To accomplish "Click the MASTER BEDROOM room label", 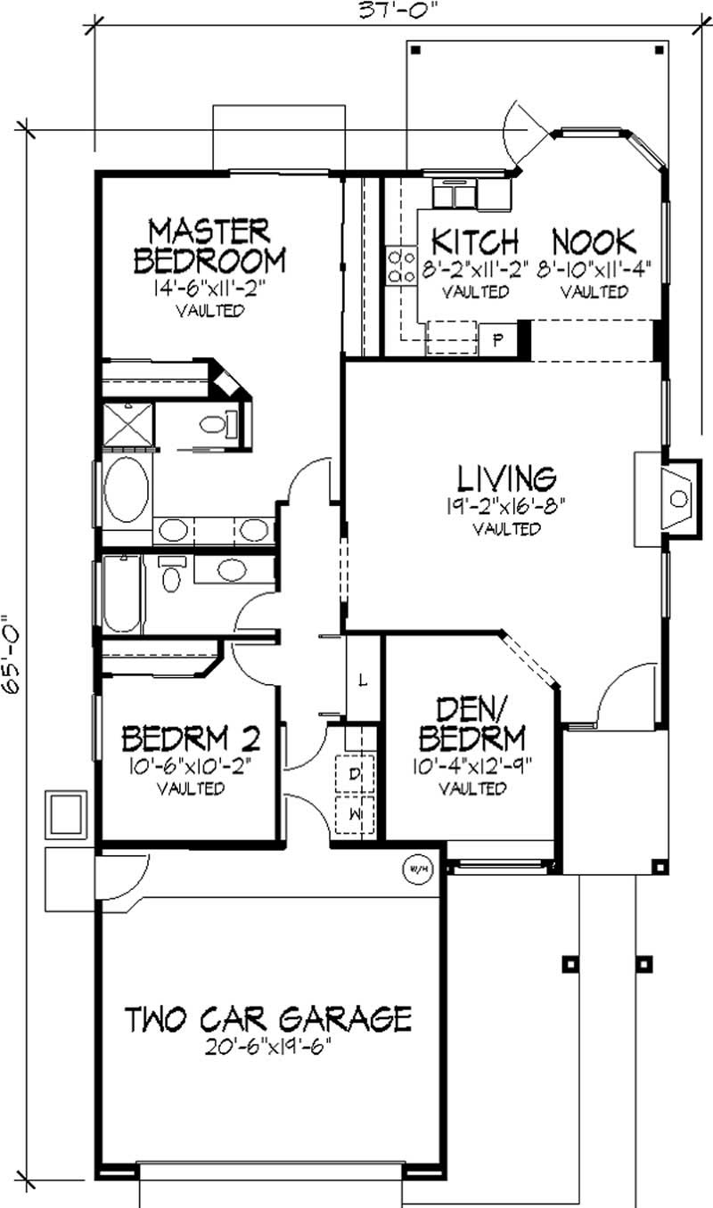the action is [209, 246].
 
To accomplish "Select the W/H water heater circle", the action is [418, 869].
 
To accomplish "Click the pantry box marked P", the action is [498, 339].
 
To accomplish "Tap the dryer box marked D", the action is [355, 774].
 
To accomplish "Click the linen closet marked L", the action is [364, 679].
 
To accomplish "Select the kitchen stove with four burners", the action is [401, 265].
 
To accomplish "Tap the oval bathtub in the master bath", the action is [127, 490].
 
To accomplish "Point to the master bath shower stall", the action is [128, 424].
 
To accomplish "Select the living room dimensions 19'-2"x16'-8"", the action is [505, 506].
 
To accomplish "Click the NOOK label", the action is [594, 241].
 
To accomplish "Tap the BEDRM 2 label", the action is [192, 739].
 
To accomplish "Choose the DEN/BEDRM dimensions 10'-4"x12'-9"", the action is [473, 765].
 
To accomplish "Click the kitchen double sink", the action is [455, 194].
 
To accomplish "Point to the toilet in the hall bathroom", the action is [172, 574].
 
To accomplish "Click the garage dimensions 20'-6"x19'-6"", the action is [268, 1048].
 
